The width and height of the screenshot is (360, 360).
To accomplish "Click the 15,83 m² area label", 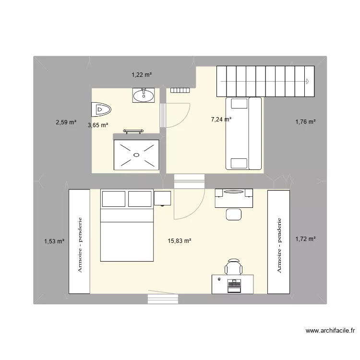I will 180,241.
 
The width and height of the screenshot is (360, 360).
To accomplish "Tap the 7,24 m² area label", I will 221,120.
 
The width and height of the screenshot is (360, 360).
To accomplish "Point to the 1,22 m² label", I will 142,74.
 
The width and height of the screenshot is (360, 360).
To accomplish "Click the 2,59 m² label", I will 66,122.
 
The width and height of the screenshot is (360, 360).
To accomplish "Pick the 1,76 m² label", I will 305,122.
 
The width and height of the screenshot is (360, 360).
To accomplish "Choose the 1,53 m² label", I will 54,241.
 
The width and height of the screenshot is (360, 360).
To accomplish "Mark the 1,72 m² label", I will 305,239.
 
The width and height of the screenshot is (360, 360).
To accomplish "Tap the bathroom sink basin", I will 144,95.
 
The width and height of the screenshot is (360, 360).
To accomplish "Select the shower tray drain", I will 136,155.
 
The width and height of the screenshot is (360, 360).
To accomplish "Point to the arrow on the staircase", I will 307,81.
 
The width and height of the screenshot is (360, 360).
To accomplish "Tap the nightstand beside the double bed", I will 163,197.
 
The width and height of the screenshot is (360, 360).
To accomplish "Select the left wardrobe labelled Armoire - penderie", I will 79,241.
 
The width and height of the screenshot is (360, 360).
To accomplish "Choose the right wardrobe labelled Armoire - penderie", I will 279,241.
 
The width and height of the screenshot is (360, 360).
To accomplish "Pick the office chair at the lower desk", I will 233,266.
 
